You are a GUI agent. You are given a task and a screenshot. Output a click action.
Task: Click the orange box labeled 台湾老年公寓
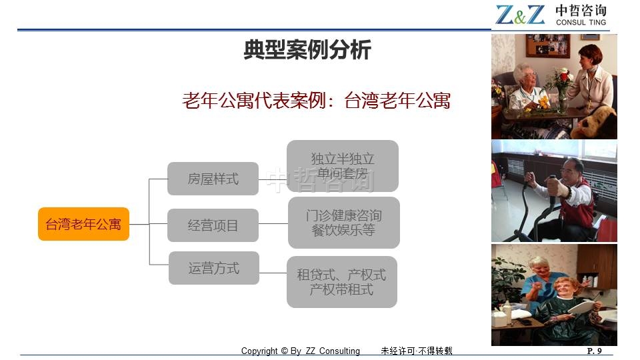(84, 224)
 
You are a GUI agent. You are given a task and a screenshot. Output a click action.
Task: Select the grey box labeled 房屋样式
(213, 179)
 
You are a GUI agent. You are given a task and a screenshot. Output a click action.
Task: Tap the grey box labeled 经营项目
(213, 225)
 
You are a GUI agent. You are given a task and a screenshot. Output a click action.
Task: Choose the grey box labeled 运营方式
(214, 268)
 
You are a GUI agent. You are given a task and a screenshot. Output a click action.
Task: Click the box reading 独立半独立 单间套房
(343, 166)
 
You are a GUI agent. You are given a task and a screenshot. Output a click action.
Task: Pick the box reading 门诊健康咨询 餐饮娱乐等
(344, 223)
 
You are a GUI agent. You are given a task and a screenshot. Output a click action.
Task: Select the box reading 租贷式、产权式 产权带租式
(342, 282)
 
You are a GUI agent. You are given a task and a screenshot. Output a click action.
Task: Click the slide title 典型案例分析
(307, 50)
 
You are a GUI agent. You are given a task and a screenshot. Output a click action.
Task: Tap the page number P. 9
(594, 351)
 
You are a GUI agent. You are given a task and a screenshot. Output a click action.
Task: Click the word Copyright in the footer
(259, 351)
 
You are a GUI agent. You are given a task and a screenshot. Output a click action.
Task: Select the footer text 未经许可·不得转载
(416, 351)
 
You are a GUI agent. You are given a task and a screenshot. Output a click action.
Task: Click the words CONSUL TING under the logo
(581, 23)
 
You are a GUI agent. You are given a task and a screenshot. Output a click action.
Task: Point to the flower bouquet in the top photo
(559, 84)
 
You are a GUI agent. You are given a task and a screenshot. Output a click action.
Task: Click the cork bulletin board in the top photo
(547, 45)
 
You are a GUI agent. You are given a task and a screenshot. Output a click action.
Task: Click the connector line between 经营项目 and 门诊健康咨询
(273, 224)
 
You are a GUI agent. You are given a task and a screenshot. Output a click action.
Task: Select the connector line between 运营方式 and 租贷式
(273, 273)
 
